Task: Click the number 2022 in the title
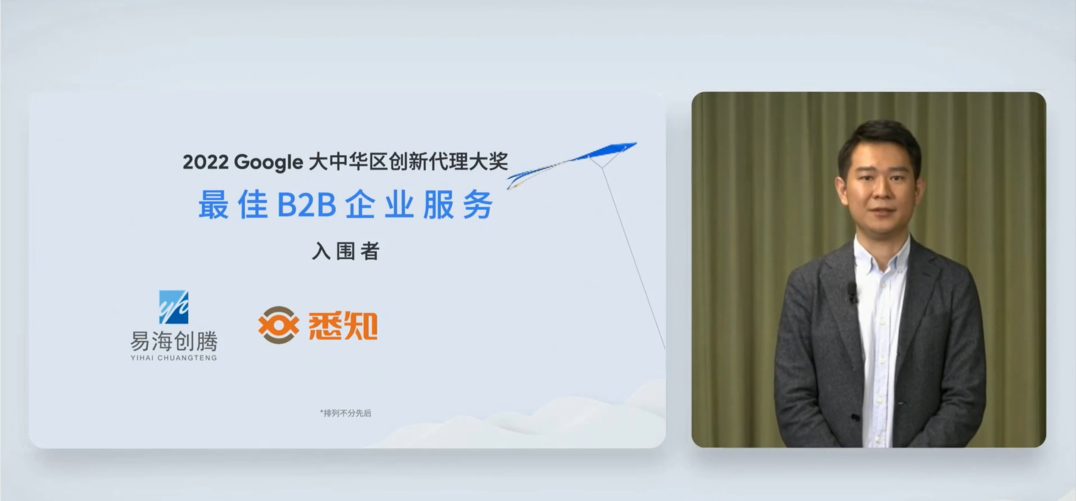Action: click(205, 162)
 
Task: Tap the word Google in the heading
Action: click(268, 162)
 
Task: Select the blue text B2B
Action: click(306, 205)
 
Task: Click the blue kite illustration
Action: click(572, 164)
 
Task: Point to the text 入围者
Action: click(346, 251)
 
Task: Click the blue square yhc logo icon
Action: click(174, 307)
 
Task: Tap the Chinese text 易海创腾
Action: click(174, 342)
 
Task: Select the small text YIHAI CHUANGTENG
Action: click(174, 358)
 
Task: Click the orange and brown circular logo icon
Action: click(278, 325)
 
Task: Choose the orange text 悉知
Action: click(342, 325)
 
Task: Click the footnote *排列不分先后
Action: click(346, 413)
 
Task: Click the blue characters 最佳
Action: click(232, 205)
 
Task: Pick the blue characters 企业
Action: click(379, 205)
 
